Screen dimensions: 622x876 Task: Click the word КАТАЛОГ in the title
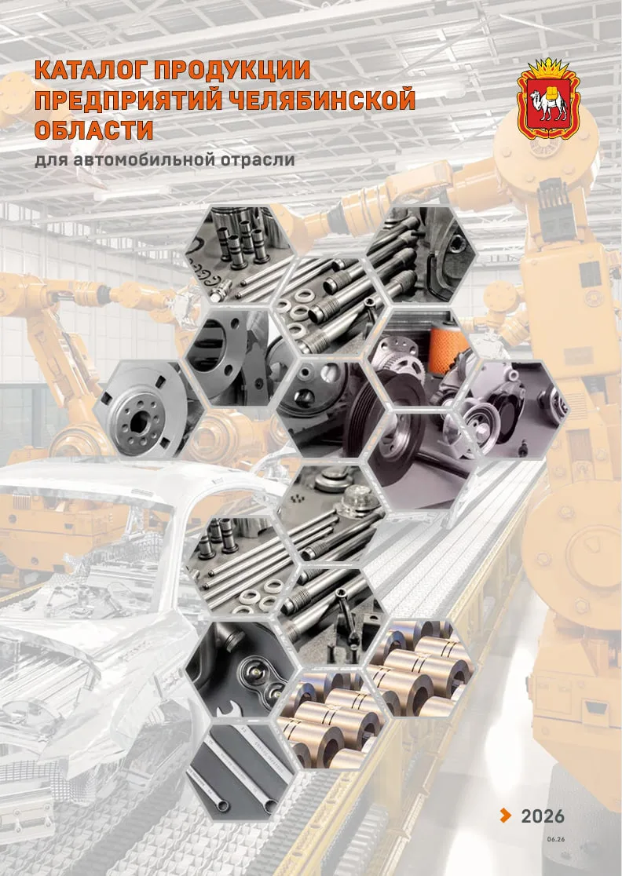[90, 70]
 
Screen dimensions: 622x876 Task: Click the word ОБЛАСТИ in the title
[94, 130]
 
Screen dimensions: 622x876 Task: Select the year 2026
[543, 816]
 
